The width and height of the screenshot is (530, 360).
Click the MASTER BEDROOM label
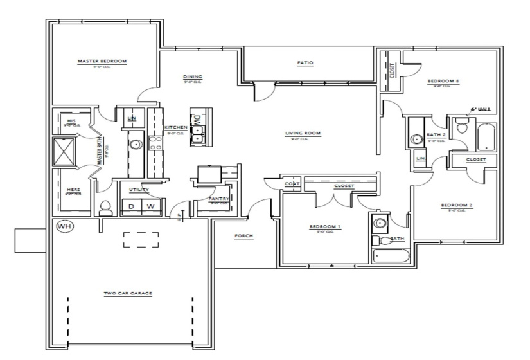102,61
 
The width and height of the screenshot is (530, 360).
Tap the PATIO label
305,63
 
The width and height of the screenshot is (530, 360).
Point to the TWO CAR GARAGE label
128,293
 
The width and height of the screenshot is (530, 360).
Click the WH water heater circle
64,227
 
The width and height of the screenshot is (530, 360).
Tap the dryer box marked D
132,206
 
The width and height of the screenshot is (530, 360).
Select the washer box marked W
151,206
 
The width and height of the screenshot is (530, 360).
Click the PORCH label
243,236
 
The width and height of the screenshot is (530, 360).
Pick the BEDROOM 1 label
325,227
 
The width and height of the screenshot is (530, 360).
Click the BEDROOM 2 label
456,206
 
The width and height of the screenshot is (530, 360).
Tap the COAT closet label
290,184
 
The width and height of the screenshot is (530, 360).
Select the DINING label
192,77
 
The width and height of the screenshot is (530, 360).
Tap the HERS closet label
73,190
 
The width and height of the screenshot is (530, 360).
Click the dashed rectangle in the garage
141,239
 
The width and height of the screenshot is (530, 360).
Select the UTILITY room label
139,190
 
